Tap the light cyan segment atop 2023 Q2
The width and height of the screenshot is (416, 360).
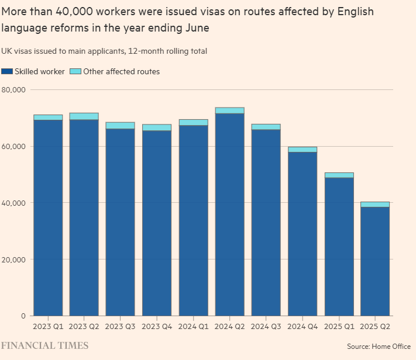[84, 116]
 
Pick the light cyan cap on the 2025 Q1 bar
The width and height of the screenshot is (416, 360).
[339, 175]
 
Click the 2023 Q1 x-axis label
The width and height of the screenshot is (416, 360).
[48, 326]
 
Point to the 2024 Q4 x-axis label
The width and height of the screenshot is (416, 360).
[302, 326]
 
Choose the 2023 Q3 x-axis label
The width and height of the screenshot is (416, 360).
[121, 326]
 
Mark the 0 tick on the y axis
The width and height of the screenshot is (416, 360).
[23, 316]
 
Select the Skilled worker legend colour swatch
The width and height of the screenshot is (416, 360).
[7, 71]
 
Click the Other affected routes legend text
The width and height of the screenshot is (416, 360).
[121, 71]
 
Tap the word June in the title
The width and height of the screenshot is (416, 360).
[197, 27]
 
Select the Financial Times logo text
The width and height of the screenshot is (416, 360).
[44, 345]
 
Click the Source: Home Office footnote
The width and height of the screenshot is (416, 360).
[379, 346]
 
